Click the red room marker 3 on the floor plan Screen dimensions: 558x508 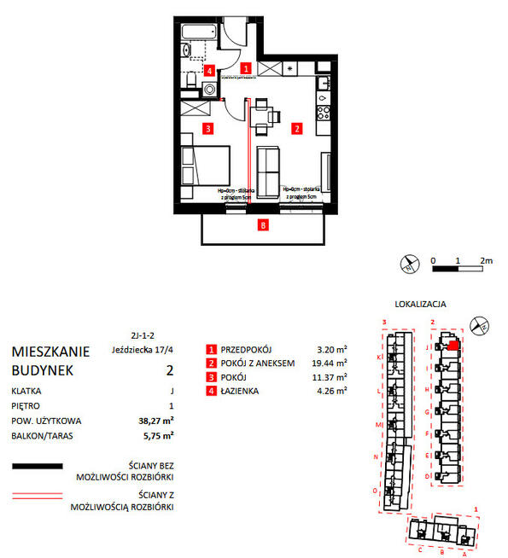[207, 129]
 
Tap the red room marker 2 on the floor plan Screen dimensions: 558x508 [296, 129]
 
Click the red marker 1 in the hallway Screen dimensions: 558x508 [245, 68]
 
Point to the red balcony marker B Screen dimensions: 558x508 [264, 226]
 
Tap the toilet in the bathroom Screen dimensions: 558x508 [191, 82]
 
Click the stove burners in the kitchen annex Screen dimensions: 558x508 [324, 111]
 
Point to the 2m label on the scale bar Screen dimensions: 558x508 [487, 259]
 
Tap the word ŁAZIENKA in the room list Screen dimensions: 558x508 [246, 391]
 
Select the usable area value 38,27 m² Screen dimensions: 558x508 [157, 421]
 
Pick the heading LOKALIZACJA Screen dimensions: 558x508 [422, 303]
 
